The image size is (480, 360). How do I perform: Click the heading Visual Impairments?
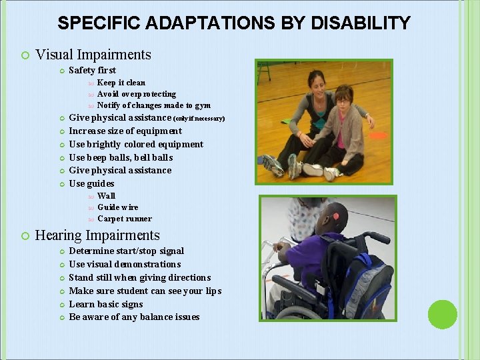[93, 55]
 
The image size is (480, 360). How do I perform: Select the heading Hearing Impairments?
[97, 235]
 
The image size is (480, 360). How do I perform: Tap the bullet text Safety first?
[93, 70]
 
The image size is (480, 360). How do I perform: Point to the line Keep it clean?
[121, 83]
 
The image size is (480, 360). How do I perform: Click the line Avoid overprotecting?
[137, 94]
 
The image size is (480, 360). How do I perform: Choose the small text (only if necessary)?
[199, 119]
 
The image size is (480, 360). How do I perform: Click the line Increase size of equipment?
[125, 131]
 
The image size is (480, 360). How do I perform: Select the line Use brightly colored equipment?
[136, 144]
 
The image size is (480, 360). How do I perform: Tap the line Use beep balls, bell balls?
[121, 157]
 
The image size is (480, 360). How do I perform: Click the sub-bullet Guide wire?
[118, 207]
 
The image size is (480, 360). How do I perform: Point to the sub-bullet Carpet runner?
[125, 219]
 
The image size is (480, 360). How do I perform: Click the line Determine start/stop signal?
[127, 251]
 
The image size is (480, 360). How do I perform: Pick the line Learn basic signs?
[106, 304]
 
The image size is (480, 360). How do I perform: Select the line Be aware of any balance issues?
[134, 317]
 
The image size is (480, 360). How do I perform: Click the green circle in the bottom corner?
[442, 314]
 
